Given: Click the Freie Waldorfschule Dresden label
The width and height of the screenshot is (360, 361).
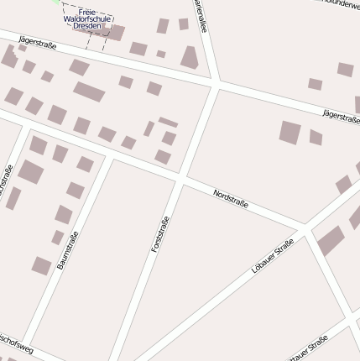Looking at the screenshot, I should click(87, 18).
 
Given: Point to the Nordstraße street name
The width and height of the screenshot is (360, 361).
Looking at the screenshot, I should click(231, 200).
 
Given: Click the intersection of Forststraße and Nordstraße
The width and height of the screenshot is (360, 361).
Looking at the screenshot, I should click(180, 178).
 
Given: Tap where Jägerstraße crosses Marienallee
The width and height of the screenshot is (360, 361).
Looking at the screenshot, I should click(217, 84).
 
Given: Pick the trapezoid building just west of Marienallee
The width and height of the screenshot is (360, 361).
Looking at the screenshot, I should click(190, 58).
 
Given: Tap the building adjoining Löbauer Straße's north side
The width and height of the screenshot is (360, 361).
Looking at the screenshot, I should click(330, 240).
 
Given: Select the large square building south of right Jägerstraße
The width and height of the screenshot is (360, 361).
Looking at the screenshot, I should click(290, 132).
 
